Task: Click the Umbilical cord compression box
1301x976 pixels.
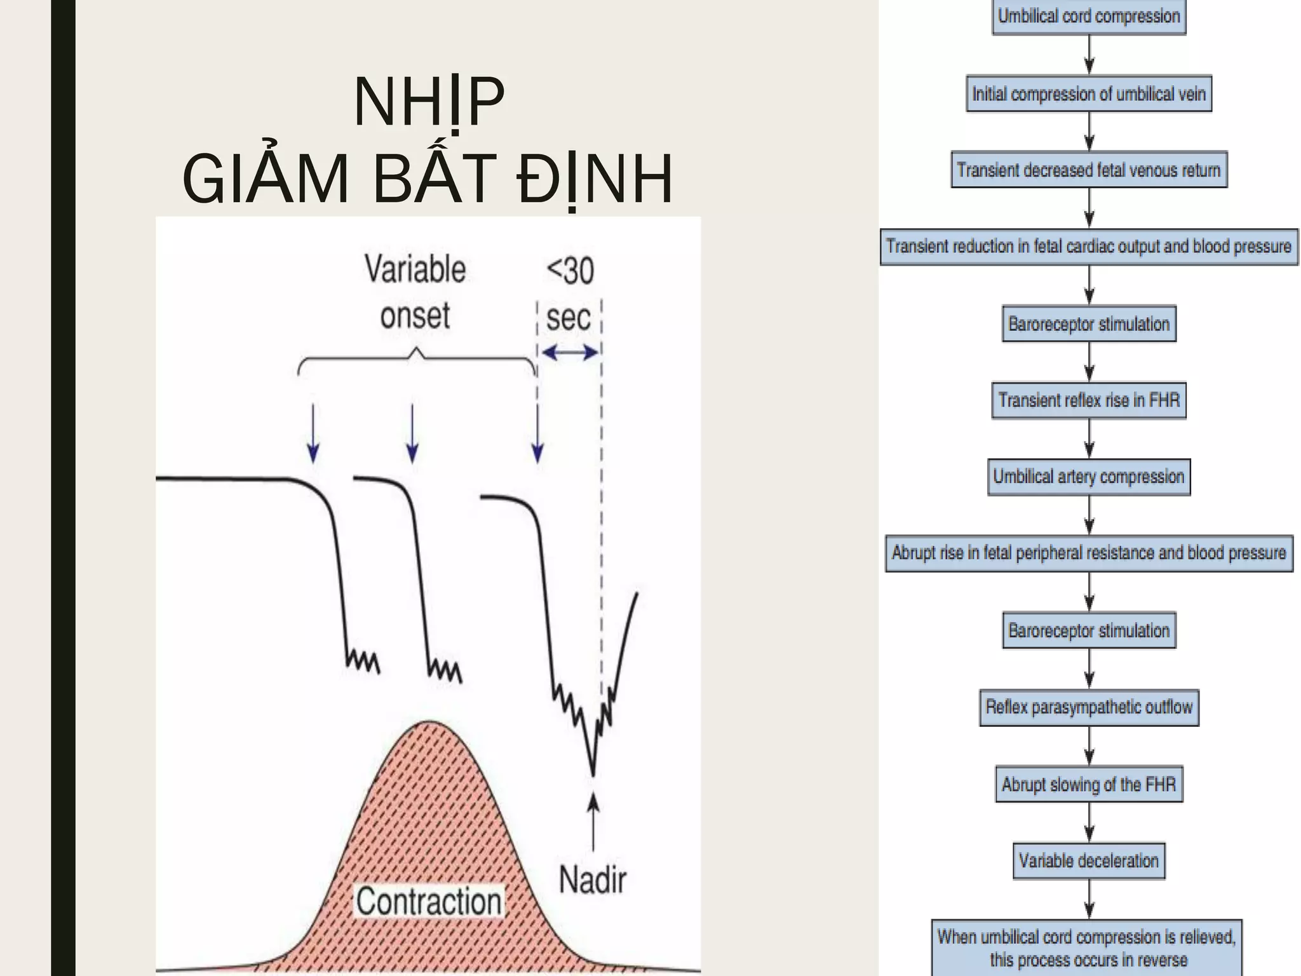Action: click(x=1089, y=16)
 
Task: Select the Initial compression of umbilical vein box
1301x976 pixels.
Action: click(x=1089, y=94)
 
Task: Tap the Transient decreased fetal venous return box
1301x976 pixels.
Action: click(x=1089, y=170)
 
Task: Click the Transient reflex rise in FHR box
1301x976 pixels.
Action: click(x=1089, y=400)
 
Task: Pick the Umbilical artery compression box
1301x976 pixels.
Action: click(x=1089, y=477)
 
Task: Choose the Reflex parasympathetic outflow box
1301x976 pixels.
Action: click(x=1089, y=707)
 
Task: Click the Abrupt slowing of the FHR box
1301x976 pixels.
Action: click(x=1089, y=784)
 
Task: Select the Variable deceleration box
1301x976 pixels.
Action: click(x=1089, y=861)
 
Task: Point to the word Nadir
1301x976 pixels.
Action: click(x=592, y=880)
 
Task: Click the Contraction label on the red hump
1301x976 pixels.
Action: click(x=429, y=901)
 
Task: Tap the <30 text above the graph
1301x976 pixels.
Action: click(x=570, y=271)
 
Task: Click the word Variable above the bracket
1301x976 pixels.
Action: click(x=415, y=269)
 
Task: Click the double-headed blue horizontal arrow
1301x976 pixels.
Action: click(x=570, y=352)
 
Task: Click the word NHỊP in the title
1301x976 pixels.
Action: click(x=429, y=102)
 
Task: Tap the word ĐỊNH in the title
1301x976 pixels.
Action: click(x=594, y=179)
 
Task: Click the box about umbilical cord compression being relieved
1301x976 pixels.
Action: click(x=1086, y=947)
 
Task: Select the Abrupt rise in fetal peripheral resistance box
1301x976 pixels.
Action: click(x=1089, y=553)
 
